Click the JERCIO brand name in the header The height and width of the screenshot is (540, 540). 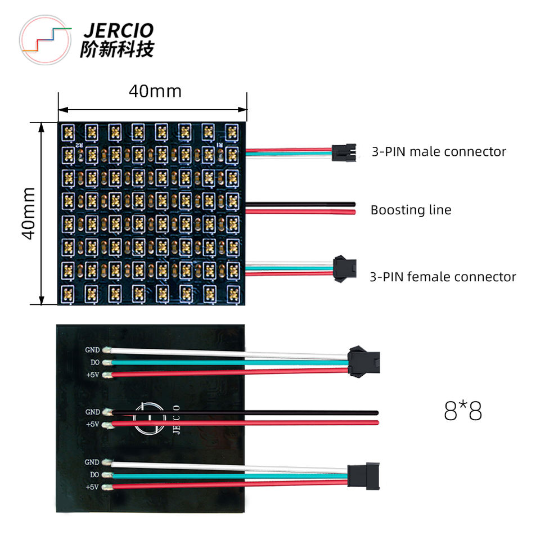coord(117,30)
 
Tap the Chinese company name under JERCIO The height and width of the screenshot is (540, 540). coord(117,49)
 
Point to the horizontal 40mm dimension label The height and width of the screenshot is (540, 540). coord(155,91)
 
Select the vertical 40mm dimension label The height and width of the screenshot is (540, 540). coord(29,214)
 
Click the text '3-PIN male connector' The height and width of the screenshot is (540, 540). coord(439,151)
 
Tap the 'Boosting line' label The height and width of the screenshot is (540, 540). coord(411,210)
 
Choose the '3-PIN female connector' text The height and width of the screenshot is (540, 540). coord(443,276)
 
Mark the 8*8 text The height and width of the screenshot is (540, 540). coord(463,412)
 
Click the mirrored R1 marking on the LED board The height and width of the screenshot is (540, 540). coord(221,145)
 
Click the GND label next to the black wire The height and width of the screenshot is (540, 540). coord(92,412)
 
